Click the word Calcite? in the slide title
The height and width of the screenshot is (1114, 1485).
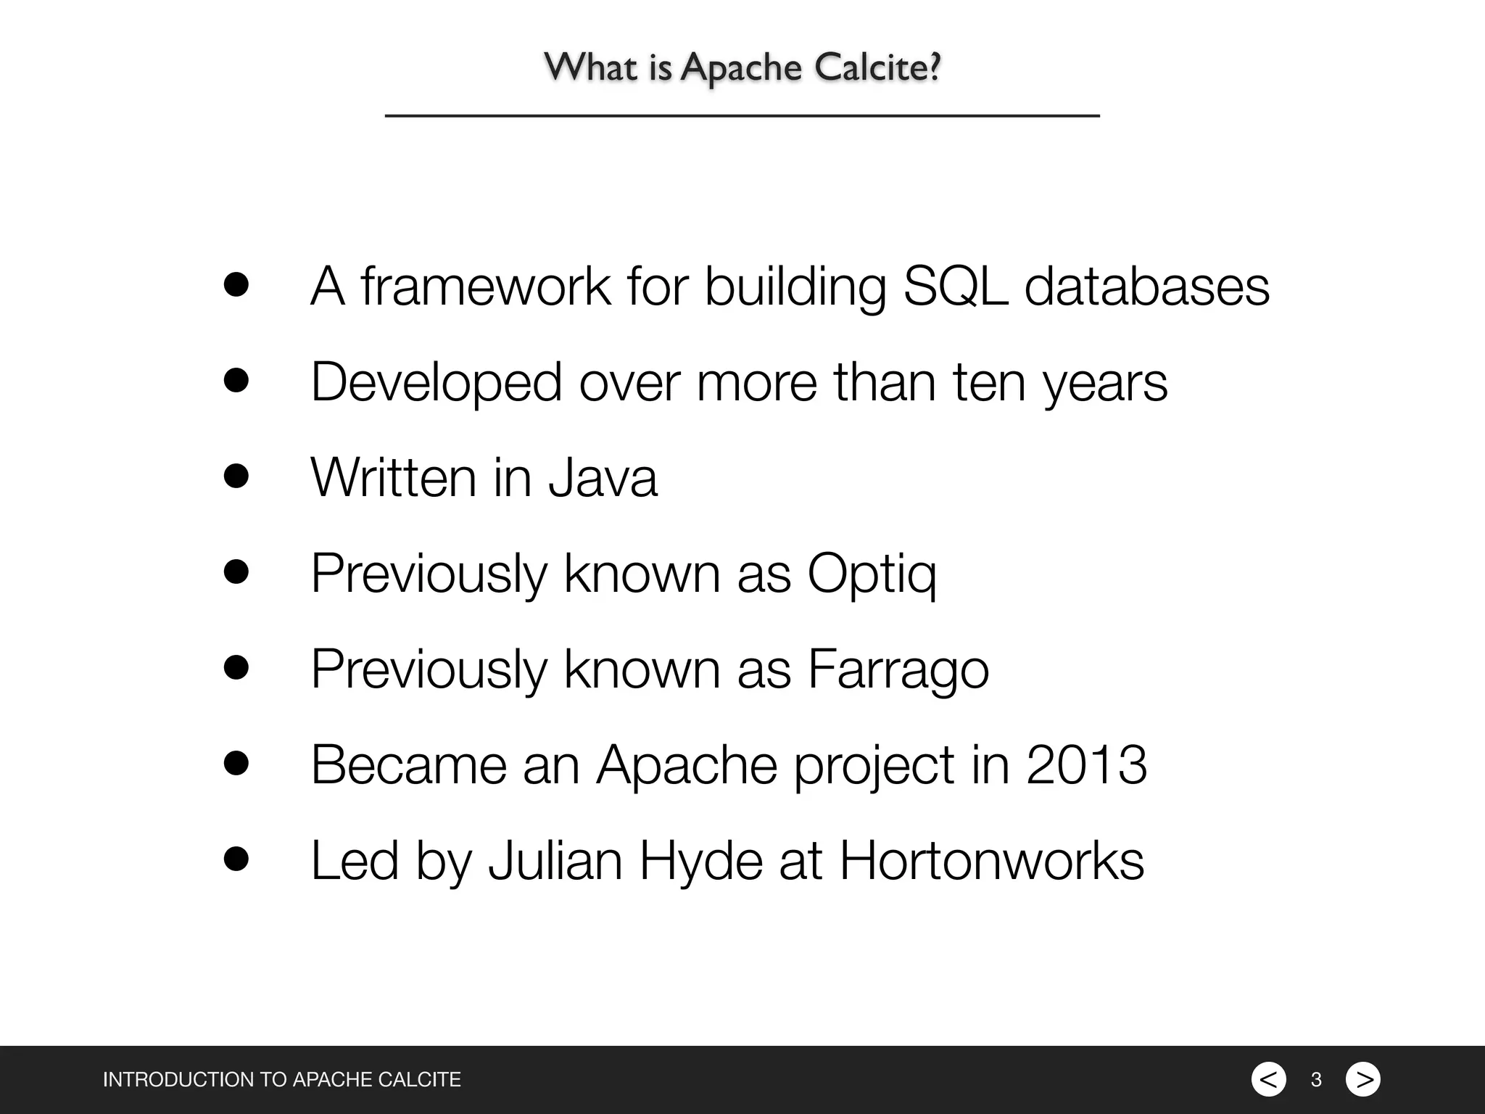pyautogui.click(x=877, y=67)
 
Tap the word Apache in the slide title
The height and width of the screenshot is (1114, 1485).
pyautogui.click(x=741, y=69)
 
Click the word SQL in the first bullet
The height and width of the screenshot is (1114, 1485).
pyautogui.click(x=955, y=286)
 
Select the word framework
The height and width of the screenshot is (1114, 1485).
pyautogui.click(x=486, y=286)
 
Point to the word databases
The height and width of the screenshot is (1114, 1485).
pyautogui.click(x=1147, y=286)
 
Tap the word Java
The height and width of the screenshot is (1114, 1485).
pyautogui.click(x=603, y=477)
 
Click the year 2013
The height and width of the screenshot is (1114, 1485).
pyautogui.click(x=1086, y=764)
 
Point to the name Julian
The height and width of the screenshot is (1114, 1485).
pyautogui.click(x=555, y=861)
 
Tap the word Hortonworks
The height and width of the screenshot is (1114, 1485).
pyautogui.click(x=991, y=861)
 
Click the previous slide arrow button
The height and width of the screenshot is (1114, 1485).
pyautogui.click(x=1268, y=1079)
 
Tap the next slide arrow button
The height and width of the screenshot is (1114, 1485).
pyautogui.click(x=1363, y=1079)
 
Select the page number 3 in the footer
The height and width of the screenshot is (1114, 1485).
pyautogui.click(x=1316, y=1080)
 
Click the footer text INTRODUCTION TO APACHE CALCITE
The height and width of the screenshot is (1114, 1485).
pyautogui.click(x=281, y=1080)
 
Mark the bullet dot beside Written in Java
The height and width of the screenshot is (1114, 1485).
pyautogui.click(x=236, y=476)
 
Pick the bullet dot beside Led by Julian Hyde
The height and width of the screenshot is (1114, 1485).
pyautogui.click(x=236, y=859)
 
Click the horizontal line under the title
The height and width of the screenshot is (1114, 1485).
pyautogui.click(x=742, y=115)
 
